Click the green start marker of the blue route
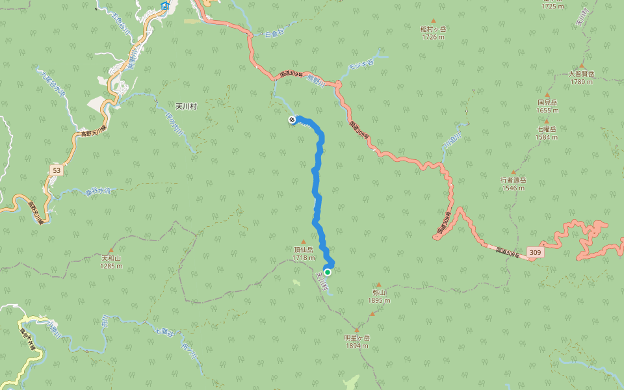click(328, 272)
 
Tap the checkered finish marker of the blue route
click(292, 120)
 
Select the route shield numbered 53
click(56, 170)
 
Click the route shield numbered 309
click(535, 252)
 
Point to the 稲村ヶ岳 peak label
click(434, 29)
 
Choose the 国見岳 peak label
click(547, 102)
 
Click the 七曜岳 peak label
click(547, 129)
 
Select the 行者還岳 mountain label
click(513, 180)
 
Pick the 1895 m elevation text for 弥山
click(378, 300)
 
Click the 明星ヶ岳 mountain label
click(357, 338)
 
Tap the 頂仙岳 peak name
click(304, 249)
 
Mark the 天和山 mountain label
click(111, 258)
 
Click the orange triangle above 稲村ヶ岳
click(434, 21)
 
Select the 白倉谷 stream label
click(276, 33)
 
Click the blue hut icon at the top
click(164, 6)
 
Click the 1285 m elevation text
click(111, 266)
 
